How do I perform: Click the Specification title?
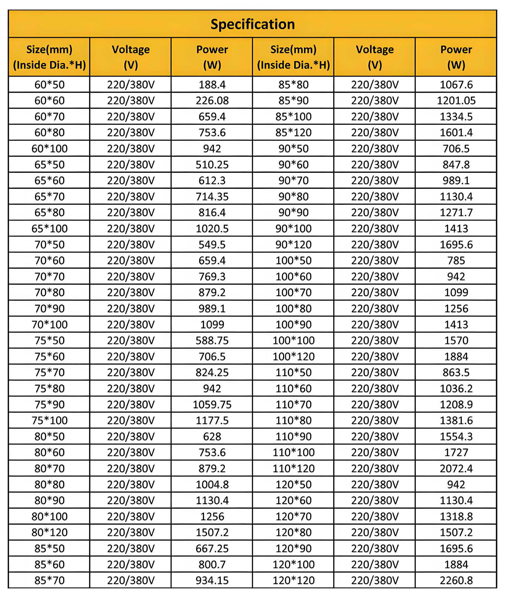pyautogui.click(x=252, y=24)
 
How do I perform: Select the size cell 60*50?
pyautogui.click(x=49, y=84)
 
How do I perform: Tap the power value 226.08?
pyautogui.click(x=212, y=100)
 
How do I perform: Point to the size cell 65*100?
pyautogui.click(x=49, y=228)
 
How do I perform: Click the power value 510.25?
pyautogui.click(x=212, y=165)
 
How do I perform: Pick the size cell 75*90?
pyautogui.click(x=49, y=404)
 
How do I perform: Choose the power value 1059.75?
pyautogui.click(x=212, y=404)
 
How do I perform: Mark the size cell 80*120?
pyautogui.click(x=49, y=532)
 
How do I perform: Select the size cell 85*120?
pyautogui.click(x=294, y=132)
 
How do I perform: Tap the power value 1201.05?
pyautogui.click(x=456, y=100)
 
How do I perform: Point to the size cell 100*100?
pyautogui.click(x=294, y=340)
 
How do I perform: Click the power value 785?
pyautogui.click(x=456, y=260)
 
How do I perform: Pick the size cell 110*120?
pyautogui.click(x=294, y=468)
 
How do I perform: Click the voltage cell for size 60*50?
pyautogui.click(x=131, y=84)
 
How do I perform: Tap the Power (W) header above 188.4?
pyautogui.click(x=212, y=57)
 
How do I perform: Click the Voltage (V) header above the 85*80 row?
pyautogui.click(x=375, y=57)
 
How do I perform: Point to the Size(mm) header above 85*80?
pyautogui.click(x=294, y=57)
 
